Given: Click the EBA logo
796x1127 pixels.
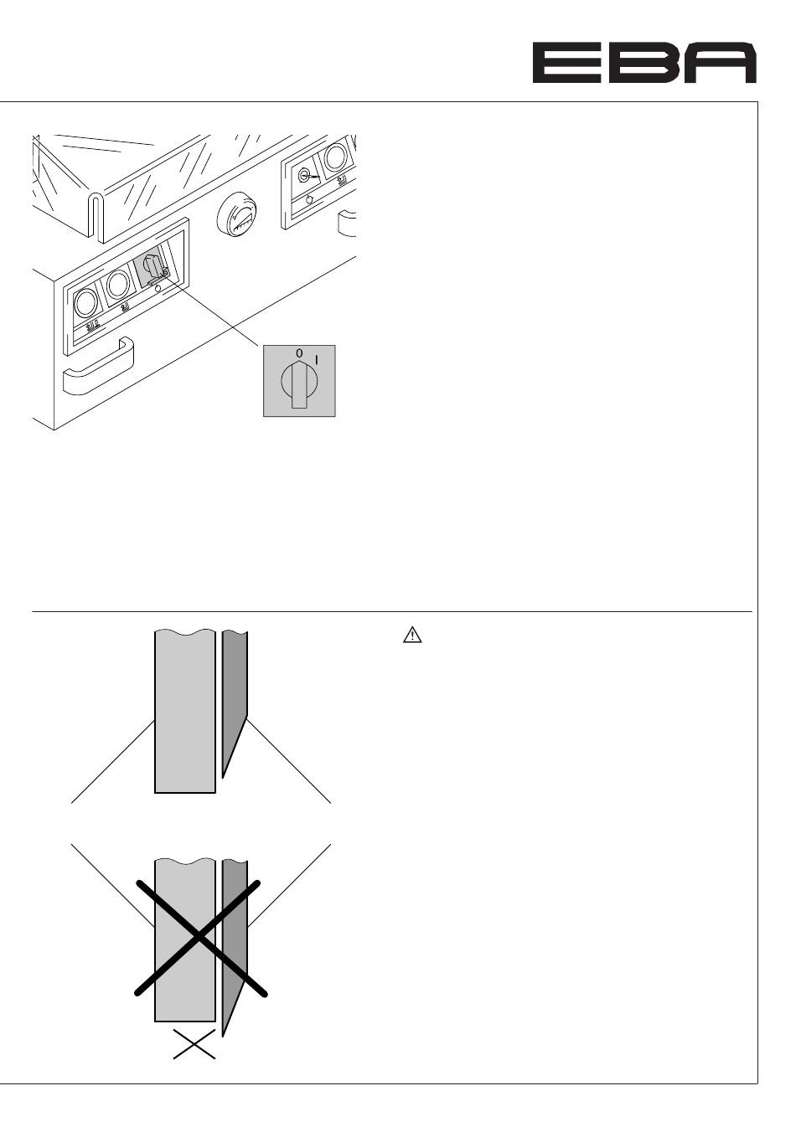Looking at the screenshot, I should [x=644, y=64].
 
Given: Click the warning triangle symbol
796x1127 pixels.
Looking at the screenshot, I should [x=411, y=636].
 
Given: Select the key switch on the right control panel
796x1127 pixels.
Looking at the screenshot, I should [x=304, y=176].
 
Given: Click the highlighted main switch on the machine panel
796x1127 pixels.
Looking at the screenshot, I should [x=152, y=269].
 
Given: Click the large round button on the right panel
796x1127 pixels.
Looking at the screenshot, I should [x=335, y=157].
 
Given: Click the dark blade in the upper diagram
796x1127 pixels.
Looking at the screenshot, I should [x=234, y=695].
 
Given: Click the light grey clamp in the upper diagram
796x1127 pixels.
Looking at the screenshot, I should [x=185, y=712].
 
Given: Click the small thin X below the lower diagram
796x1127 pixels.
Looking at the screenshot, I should [x=194, y=1045].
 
